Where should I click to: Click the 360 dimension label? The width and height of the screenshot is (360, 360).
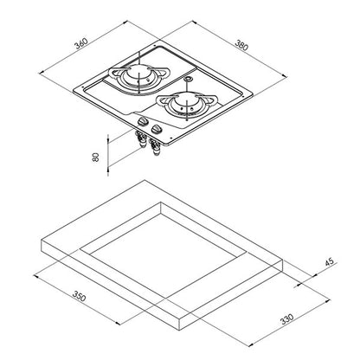81,43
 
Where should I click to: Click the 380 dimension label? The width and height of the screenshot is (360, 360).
241,45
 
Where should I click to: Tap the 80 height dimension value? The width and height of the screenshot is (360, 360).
95,157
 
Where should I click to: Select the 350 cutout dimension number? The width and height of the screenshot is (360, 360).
79,296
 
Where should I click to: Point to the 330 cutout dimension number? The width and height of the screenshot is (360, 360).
287,318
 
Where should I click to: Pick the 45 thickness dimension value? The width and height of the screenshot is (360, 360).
329,261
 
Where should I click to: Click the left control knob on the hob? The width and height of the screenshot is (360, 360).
142,121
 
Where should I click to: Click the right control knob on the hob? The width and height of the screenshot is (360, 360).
156,130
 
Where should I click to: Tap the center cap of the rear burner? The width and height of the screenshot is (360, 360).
138,73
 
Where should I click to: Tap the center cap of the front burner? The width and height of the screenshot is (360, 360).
186,102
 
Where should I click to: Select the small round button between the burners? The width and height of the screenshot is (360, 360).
188,79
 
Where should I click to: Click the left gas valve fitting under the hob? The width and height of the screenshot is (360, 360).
141,139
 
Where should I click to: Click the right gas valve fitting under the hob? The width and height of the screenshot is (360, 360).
155,148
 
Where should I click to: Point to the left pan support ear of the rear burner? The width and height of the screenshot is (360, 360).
112,73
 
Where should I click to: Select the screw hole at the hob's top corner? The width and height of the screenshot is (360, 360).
155,46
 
